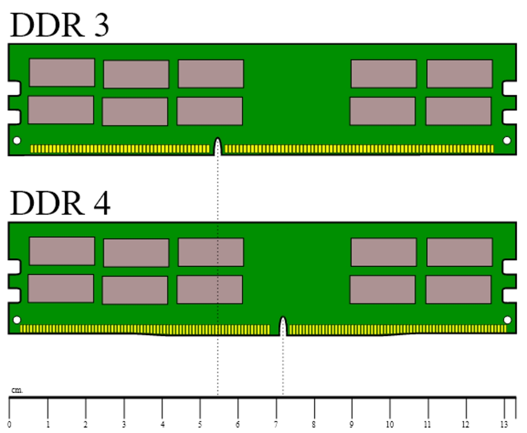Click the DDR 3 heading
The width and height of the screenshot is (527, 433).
[60, 25]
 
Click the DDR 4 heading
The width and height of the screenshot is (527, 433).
[60, 203]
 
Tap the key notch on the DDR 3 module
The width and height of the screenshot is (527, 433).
[218, 147]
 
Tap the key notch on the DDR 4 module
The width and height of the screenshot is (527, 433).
[283, 326]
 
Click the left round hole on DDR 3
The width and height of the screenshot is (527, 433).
[17, 141]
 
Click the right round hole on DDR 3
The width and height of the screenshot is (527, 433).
[507, 141]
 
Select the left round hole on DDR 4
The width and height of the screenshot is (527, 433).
[17, 320]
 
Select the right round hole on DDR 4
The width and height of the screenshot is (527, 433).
[507, 320]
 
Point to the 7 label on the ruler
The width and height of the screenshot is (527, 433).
[276, 425]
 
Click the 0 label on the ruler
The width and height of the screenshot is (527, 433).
[9, 425]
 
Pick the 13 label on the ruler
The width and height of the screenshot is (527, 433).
[504, 425]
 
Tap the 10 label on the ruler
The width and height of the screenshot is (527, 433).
[390, 425]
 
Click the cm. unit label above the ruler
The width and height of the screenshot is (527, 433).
[17, 391]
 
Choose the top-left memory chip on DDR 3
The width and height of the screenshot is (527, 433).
[62, 73]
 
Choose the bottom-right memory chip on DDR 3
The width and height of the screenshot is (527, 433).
[458, 111]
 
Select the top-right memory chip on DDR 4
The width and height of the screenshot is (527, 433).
[460, 252]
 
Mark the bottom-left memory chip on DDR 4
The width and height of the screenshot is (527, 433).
[61, 289]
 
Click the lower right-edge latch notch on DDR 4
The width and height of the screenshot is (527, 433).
[510, 295]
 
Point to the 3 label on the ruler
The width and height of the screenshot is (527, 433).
[124, 425]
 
